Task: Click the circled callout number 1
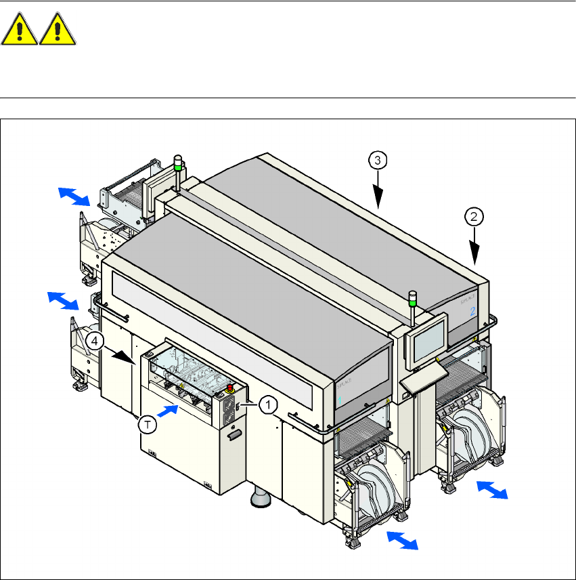[268, 405]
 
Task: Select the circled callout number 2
[474, 217]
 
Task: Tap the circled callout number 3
[378, 161]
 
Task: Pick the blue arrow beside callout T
[169, 410]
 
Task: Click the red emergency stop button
[231, 388]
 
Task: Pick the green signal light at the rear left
[178, 164]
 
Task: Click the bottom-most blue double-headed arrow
[401, 540]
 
